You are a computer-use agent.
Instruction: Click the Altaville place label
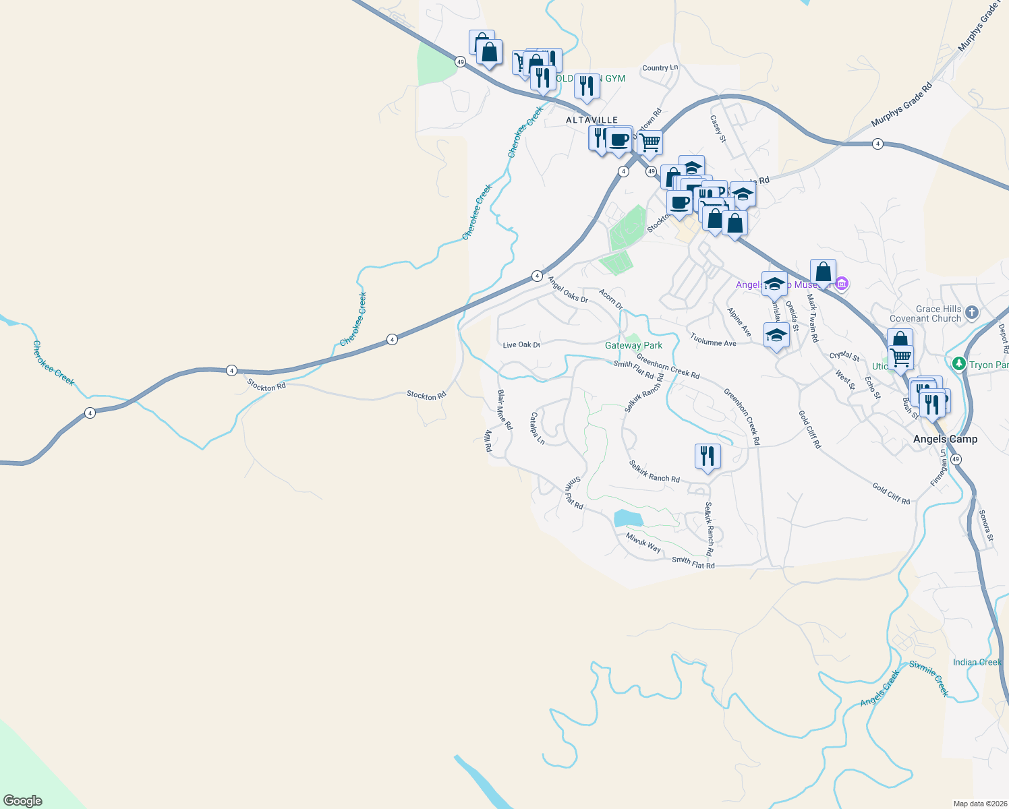(x=592, y=120)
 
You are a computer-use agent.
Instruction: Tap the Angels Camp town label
(x=945, y=439)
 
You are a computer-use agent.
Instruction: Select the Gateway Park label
(x=633, y=345)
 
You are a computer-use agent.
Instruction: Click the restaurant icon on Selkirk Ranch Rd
(x=707, y=456)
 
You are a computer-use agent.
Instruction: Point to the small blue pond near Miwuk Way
(x=628, y=518)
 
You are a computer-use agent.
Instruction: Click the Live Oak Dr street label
(x=521, y=344)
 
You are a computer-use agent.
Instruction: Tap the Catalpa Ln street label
(x=537, y=427)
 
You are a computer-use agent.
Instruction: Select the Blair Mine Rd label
(x=504, y=409)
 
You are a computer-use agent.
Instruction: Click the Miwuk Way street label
(x=643, y=543)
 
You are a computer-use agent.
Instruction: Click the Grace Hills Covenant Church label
(x=925, y=313)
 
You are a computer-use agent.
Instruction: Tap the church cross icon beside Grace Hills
(x=971, y=312)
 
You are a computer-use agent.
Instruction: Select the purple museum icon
(x=841, y=284)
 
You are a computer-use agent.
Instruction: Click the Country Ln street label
(x=660, y=67)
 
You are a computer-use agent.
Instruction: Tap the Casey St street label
(x=718, y=128)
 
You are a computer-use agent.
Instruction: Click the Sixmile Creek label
(x=929, y=678)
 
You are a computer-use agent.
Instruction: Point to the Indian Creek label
(x=977, y=662)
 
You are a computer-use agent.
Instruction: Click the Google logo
(x=23, y=800)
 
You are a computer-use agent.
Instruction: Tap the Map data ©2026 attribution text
(x=980, y=804)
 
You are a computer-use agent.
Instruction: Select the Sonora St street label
(x=986, y=526)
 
